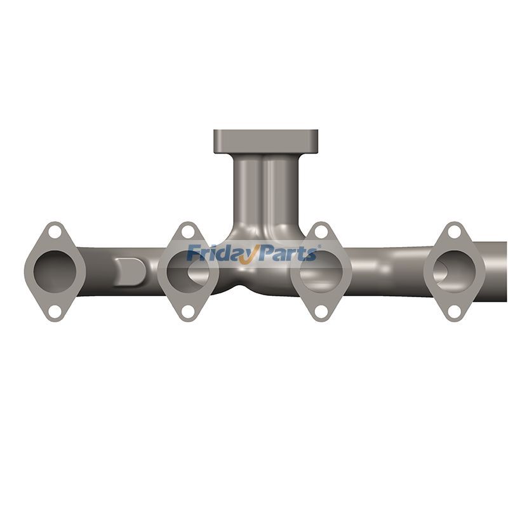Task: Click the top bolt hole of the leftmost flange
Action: (x=55, y=232)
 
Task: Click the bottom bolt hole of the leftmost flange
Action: (x=55, y=311)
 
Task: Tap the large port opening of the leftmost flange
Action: (x=55, y=271)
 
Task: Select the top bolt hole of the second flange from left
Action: (x=188, y=232)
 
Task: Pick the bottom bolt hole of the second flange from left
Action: (x=188, y=311)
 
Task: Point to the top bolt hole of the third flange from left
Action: (x=321, y=232)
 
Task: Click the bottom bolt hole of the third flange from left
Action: (x=321, y=311)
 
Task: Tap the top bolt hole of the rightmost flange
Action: (x=454, y=232)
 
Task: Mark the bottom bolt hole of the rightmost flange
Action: (x=454, y=311)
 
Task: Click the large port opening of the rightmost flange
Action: (x=454, y=271)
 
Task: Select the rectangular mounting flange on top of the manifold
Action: (x=265, y=140)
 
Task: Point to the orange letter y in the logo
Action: (x=250, y=255)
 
